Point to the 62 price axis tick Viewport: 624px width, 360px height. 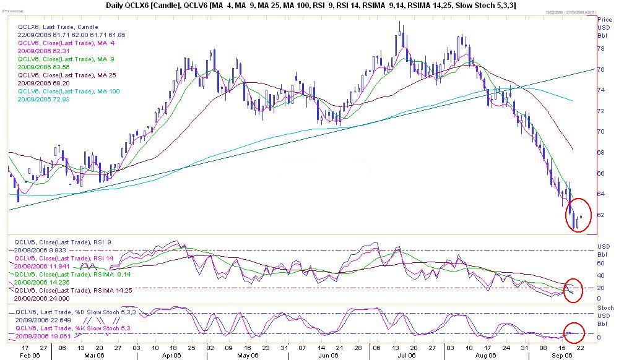[600, 215]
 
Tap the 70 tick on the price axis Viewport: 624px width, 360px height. [600, 132]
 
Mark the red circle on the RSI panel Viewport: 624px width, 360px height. [574, 289]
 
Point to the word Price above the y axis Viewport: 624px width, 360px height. [604, 20]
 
